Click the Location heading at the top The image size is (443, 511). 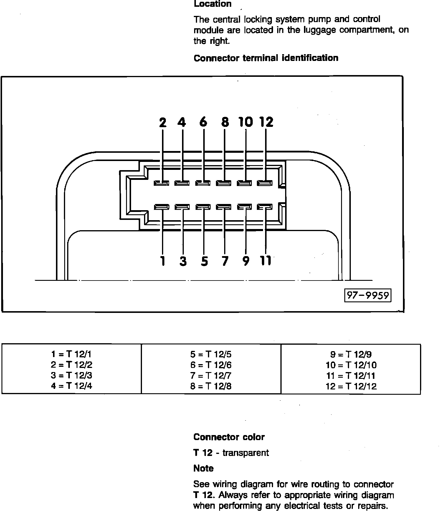click(212, 4)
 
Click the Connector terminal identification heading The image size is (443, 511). click(266, 58)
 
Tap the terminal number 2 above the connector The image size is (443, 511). click(163, 122)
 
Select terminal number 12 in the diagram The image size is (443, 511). click(266, 122)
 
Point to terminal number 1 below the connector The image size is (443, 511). click(162, 261)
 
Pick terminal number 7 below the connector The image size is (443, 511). click(225, 261)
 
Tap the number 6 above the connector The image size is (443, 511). click(203, 122)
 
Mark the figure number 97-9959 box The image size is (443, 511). click(368, 295)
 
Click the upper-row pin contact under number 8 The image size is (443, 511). click(224, 183)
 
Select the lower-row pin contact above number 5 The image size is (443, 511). click(203, 207)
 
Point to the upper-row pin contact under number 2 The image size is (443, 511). click(161, 183)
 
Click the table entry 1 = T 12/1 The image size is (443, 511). click(71, 354)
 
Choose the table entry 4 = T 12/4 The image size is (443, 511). click(71, 386)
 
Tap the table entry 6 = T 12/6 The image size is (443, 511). click(211, 365)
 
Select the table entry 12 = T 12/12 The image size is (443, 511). click(351, 386)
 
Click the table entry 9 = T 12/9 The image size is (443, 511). click(351, 354)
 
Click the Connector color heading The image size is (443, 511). click(229, 437)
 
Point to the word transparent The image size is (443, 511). click(245, 453)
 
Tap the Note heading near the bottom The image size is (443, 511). click(204, 468)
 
